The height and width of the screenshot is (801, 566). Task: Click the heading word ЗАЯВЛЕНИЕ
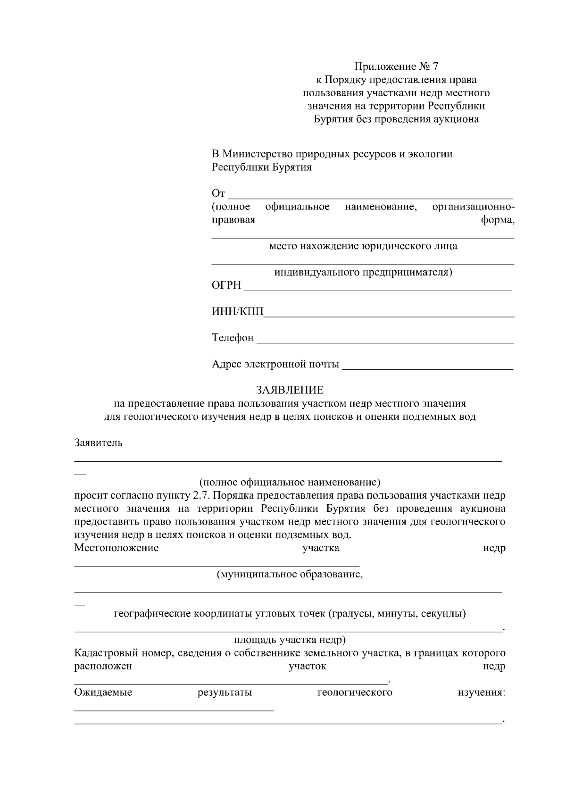pyautogui.click(x=290, y=390)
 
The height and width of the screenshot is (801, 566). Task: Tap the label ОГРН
pyautogui.click(x=226, y=286)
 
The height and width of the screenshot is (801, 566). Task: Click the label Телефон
pyautogui.click(x=233, y=338)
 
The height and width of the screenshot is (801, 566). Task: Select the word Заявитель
pyautogui.click(x=99, y=443)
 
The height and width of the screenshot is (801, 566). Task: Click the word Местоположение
pyautogui.click(x=117, y=548)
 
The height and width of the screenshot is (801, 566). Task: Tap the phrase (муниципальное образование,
pyautogui.click(x=290, y=575)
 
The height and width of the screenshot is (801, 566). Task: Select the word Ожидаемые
pyautogui.click(x=103, y=693)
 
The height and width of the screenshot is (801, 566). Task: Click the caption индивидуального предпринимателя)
pyautogui.click(x=363, y=272)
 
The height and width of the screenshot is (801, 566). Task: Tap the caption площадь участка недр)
pyautogui.click(x=290, y=640)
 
